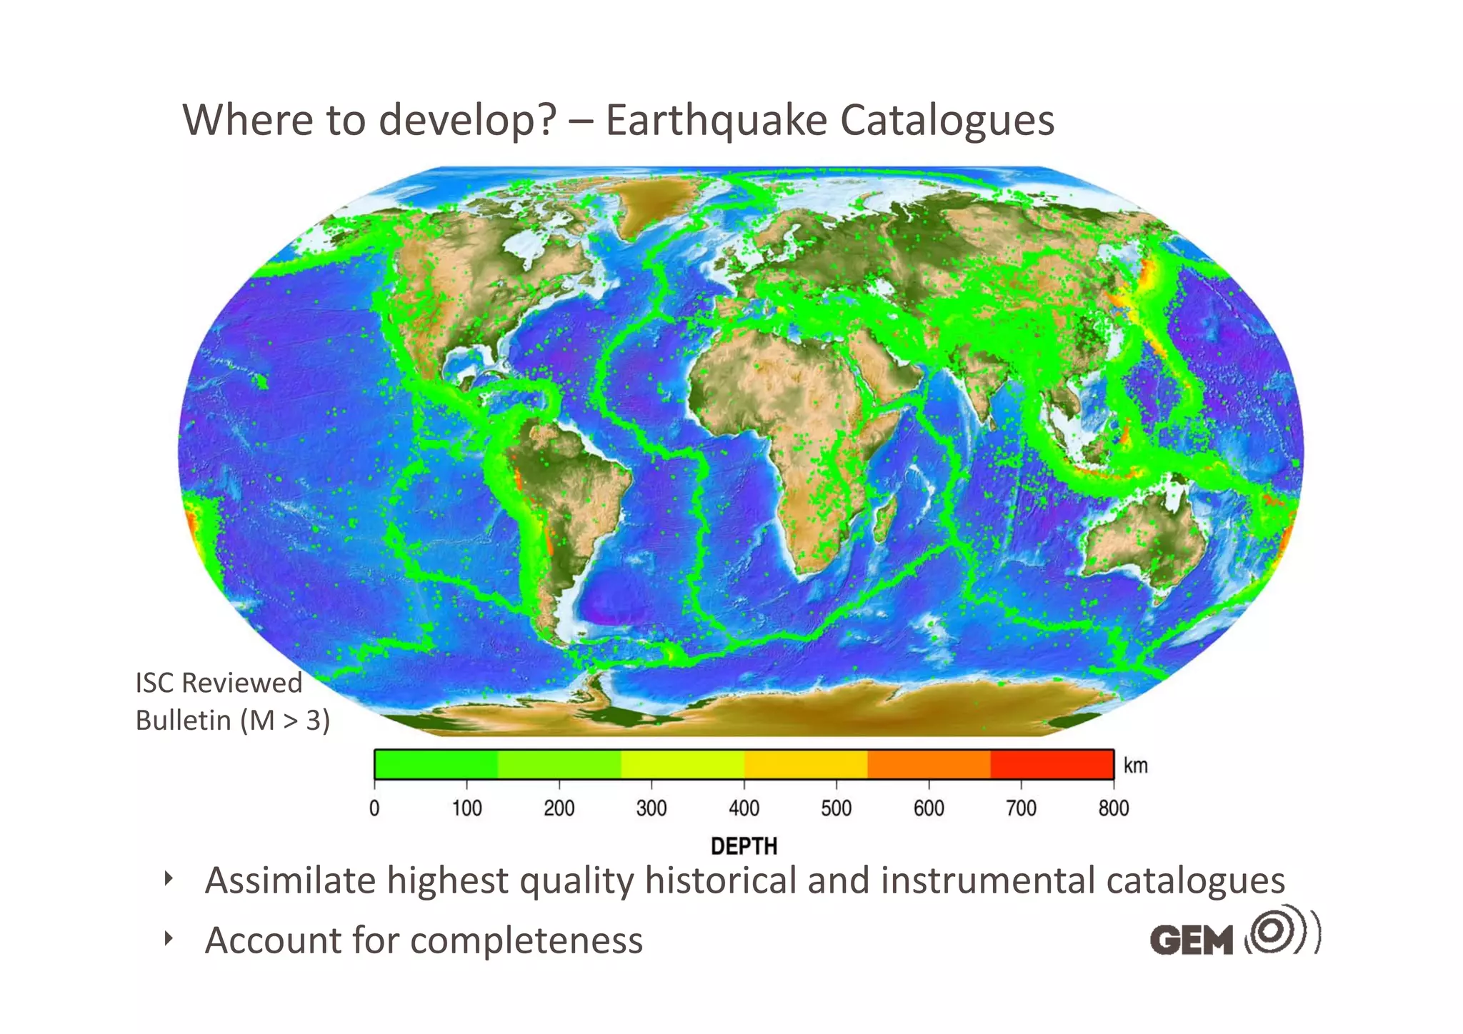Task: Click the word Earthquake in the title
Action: click(716, 120)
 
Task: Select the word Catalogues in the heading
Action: click(947, 120)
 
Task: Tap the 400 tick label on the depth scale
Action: click(744, 808)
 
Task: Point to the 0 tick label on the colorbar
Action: click(374, 808)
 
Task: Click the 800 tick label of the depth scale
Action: click(1113, 808)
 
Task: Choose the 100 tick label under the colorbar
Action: click(466, 808)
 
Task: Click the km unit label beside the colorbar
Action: click(1135, 766)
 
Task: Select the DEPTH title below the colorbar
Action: click(744, 846)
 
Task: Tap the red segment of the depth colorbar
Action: click(1052, 764)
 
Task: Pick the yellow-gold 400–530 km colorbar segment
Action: click(805, 764)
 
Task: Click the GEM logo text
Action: click(1191, 940)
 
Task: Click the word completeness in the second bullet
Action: click(526, 940)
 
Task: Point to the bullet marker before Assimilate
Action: click(169, 878)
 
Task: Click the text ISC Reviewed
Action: click(219, 683)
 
